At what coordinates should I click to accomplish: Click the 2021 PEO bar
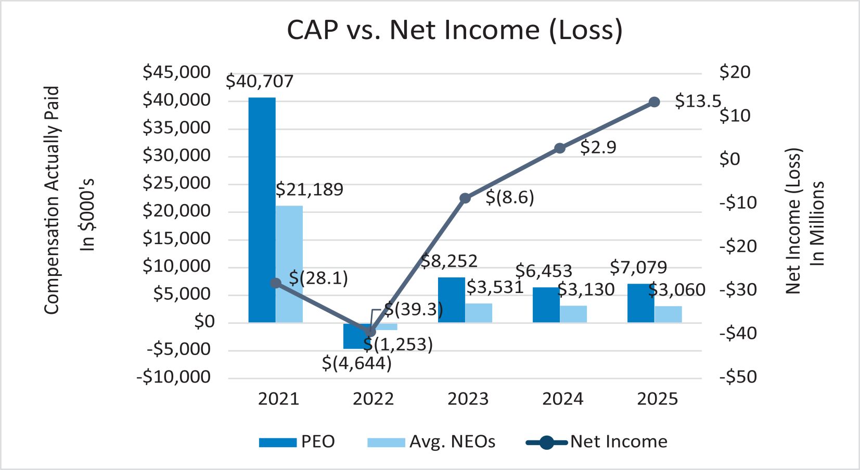(262, 208)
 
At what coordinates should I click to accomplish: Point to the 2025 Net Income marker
(654, 102)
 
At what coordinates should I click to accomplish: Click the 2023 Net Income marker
(465, 198)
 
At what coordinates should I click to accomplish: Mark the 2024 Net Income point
(560, 148)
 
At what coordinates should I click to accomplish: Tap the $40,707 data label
(260, 82)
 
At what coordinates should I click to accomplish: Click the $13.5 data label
(698, 101)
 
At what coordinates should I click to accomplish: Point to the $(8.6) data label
(510, 198)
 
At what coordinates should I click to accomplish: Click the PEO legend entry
(297, 442)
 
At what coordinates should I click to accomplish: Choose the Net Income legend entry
(597, 442)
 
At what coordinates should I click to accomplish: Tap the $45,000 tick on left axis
(177, 72)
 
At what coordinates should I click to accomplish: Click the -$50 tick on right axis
(738, 376)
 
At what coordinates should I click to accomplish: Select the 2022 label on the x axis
(373, 399)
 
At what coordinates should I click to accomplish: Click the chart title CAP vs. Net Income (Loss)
(454, 30)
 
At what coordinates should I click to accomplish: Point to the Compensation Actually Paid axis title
(52, 200)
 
